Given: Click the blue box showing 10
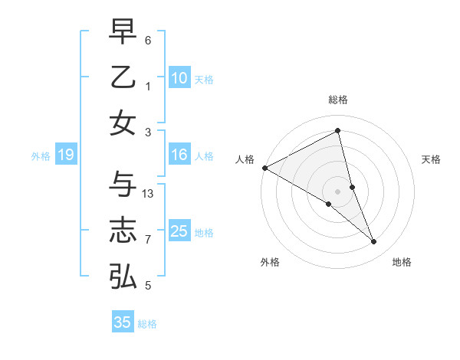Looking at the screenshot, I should click(179, 78).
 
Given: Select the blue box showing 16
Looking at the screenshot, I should click(179, 155).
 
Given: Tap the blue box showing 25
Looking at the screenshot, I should click(179, 231).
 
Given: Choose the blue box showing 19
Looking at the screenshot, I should click(65, 155).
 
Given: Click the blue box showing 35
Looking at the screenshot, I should click(123, 322).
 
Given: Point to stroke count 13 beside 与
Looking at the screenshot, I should click(149, 194).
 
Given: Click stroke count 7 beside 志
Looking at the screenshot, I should click(148, 240).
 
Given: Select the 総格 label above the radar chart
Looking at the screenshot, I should click(338, 100).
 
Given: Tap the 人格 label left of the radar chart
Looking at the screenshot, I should click(245, 159).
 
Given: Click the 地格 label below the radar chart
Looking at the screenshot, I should click(402, 262).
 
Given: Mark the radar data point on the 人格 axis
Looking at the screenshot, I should click(264, 167).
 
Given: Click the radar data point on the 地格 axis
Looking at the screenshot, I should click(374, 242).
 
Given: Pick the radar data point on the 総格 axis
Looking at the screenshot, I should click(338, 131).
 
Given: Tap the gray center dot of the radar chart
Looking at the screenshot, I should click(338, 191).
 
